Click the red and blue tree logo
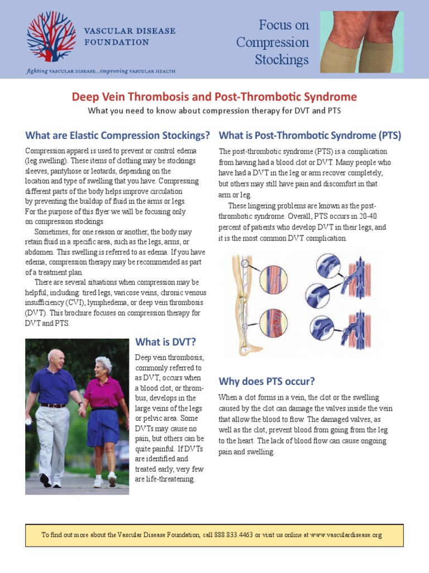52,36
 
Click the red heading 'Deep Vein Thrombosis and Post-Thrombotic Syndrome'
214,97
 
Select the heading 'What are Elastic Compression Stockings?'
118,135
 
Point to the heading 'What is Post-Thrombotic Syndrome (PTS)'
309,135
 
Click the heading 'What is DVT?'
165,342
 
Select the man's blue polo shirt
54,386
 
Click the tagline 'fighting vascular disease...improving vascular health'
101,71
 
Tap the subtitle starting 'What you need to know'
214,111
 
